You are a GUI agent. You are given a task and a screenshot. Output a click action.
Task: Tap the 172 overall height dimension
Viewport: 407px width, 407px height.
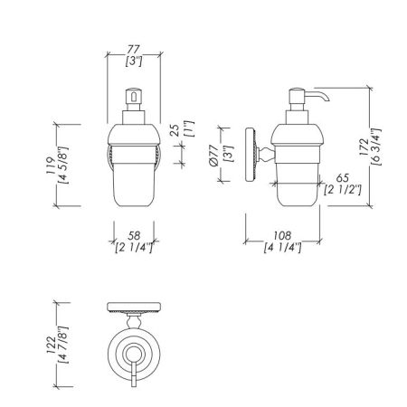pyautogui.click(x=364, y=147)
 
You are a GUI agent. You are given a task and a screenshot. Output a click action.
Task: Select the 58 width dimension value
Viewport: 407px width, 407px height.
pyautogui.click(x=134, y=235)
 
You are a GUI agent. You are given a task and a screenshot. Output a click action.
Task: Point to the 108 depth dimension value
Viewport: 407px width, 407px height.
pyautogui.click(x=282, y=235)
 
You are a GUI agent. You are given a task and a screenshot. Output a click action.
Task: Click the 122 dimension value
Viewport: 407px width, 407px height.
pyautogui.click(x=51, y=345)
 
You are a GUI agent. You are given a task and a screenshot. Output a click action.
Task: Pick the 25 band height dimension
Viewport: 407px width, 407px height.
pyautogui.click(x=175, y=130)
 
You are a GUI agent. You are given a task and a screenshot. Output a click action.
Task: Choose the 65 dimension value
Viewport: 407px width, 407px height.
pyautogui.click(x=343, y=178)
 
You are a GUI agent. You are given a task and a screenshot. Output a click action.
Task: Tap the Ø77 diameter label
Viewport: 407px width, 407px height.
pyautogui.click(x=213, y=156)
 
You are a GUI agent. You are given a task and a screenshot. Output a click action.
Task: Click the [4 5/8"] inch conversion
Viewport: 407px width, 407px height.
pyautogui.click(x=64, y=166)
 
